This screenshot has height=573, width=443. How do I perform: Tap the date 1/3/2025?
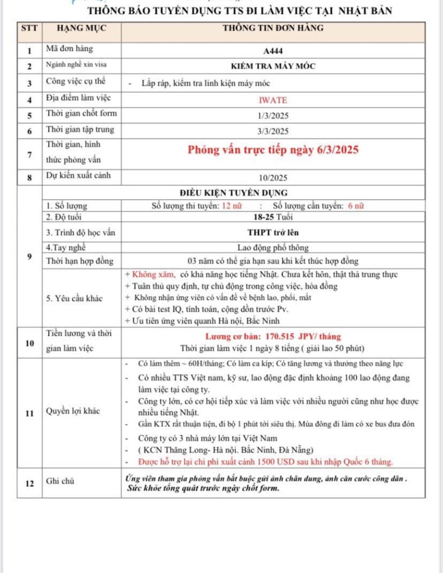(274, 115)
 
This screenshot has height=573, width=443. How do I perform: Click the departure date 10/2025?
(274, 179)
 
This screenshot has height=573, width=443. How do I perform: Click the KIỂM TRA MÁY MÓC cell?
(273, 66)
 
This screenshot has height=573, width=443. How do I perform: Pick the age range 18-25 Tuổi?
(274, 217)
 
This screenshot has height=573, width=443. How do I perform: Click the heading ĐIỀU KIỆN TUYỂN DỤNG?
(273, 193)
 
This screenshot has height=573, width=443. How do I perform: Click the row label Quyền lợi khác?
(73, 411)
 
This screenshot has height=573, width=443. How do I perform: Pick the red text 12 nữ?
(231, 205)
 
